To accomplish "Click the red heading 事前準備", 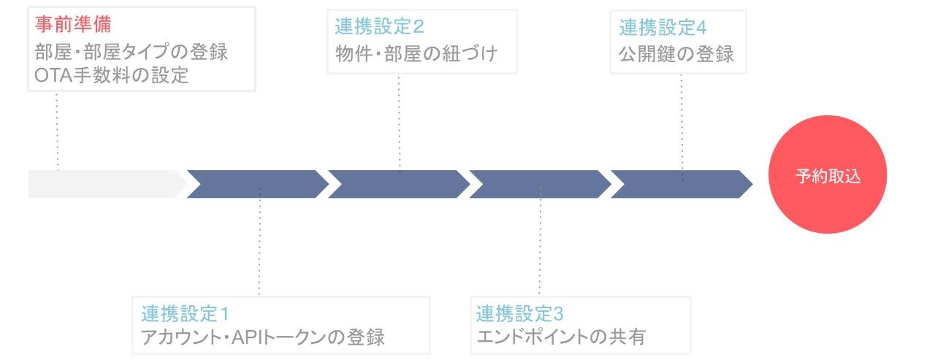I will pos(72,26).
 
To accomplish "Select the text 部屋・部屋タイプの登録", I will pos(131,53).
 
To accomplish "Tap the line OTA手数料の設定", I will pos(111,75).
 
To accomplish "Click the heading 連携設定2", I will pos(380,28).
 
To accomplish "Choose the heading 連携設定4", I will pos(663,28).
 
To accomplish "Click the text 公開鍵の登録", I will pos(676,54).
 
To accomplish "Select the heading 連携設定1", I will pos(186,315).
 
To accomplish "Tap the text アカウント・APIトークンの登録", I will pos(263,338).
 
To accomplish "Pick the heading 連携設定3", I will pos(520,315).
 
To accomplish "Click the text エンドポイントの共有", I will pos(561,338).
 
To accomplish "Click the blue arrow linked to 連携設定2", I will pos(399,184).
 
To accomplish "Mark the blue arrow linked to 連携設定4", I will pos(682,184).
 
